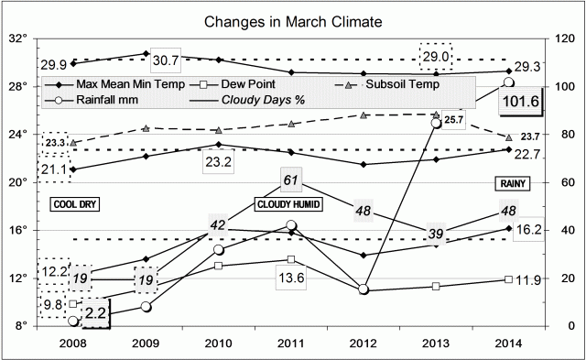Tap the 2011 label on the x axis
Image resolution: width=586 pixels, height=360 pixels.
pos(290,344)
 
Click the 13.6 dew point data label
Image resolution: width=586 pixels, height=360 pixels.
pos(288,279)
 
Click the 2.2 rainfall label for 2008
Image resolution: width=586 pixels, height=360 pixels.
pos(93,313)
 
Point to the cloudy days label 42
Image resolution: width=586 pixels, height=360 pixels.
pos(218,224)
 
